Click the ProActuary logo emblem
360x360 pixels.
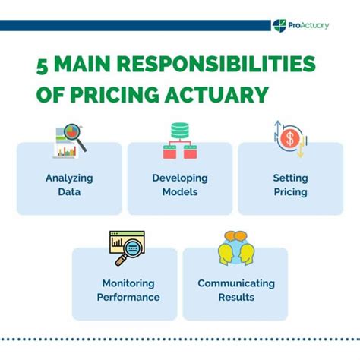[x=279, y=26]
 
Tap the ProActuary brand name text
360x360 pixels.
[x=308, y=25]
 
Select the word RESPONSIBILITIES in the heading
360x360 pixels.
[x=216, y=64]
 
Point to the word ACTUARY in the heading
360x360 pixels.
[x=216, y=95]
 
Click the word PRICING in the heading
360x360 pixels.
[x=115, y=95]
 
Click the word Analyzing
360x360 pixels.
[x=69, y=178]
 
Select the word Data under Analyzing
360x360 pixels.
[x=69, y=192]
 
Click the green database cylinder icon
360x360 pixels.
[x=180, y=131]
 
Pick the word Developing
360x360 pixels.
[x=180, y=178]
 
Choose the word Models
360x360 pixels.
[x=180, y=192]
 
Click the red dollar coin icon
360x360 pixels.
[x=290, y=138]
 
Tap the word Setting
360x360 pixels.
[x=290, y=178]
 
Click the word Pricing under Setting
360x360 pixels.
[x=290, y=192]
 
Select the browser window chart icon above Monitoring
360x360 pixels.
[x=127, y=242]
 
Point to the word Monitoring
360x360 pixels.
[x=128, y=284]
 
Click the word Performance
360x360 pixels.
[x=128, y=297]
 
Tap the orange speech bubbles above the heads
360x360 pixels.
[x=235, y=236]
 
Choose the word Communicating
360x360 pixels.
[x=236, y=284]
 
